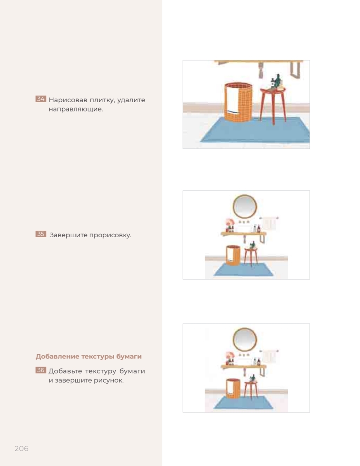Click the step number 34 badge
pos(41,99)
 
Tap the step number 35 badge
pos(41,234)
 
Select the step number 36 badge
pos(41,370)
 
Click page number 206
pos(21,449)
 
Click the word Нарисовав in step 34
pos(68,100)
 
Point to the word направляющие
pos(76,109)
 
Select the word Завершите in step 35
pos(69,235)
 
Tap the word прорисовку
pos(110,235)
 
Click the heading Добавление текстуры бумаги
pos(89,356)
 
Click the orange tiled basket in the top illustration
pos(238,103)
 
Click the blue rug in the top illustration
pos(255,130)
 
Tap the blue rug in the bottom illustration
pos(243,403)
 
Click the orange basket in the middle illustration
pos(233,256)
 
